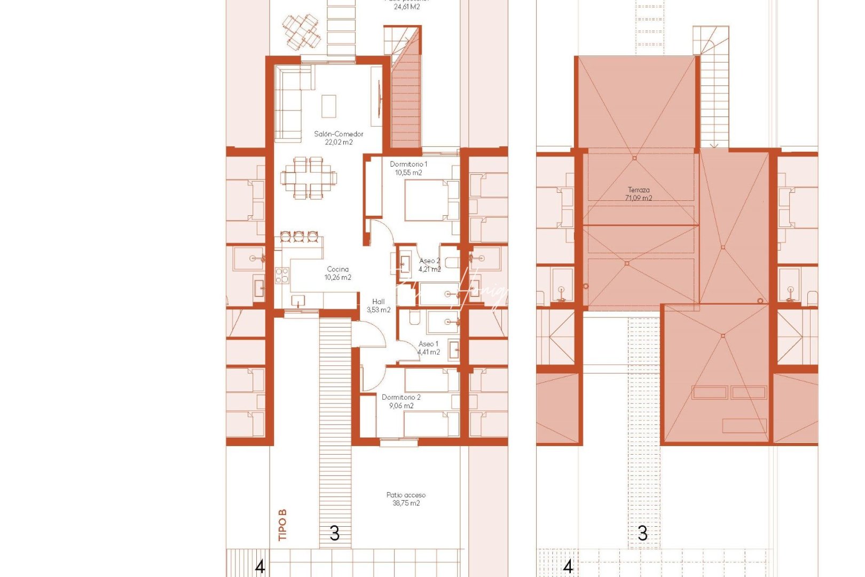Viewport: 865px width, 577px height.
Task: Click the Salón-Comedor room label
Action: coord(339,134)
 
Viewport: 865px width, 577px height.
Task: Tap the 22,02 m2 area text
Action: coord(339,143)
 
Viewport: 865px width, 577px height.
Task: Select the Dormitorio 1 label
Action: coord(408,164)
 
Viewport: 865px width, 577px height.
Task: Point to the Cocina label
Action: coord(338,269)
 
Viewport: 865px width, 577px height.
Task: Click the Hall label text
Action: coord(379,302)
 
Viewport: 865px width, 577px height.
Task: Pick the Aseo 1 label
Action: coord(428,344)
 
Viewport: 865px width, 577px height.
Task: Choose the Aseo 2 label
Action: coord(429,261)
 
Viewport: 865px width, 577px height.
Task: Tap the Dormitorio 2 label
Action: coord(401,397)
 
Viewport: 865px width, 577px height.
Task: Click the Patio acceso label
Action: coord(406,495)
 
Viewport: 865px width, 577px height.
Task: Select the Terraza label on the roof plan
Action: coord(639,190)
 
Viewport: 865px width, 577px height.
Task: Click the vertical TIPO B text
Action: coord(282,525)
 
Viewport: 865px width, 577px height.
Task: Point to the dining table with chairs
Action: coord(309,177)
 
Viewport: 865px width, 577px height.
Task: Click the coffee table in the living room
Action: coord(329,106)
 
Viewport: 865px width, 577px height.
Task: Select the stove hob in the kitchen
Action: coord(282,275)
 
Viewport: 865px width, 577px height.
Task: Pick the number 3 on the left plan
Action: coord(335,533)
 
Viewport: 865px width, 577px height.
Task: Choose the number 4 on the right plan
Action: coord(568,566)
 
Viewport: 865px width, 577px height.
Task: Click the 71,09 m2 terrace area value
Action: coord(639,198)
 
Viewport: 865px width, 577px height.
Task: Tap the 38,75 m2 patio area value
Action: coord(406,503)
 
